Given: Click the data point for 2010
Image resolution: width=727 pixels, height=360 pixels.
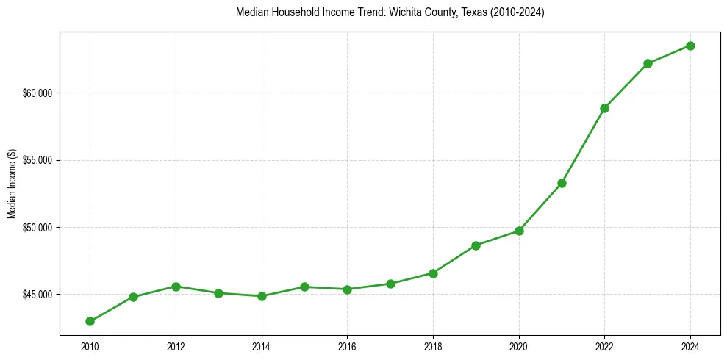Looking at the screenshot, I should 90,321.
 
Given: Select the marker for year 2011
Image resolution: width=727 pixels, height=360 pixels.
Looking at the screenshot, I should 133,297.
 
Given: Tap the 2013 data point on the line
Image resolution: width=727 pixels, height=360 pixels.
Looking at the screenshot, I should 218,293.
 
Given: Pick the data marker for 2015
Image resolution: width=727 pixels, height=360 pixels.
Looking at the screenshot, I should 304,287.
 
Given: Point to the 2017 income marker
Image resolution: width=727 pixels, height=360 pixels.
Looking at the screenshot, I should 390,284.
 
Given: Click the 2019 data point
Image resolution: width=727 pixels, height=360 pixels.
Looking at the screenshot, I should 476,245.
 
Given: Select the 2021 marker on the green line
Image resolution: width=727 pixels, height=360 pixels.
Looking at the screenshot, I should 562,183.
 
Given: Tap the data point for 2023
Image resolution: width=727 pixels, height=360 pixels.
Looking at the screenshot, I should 648,63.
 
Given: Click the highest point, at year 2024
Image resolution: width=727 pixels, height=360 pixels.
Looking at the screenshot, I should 691,46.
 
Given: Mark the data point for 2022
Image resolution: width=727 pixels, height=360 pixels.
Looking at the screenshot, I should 604,108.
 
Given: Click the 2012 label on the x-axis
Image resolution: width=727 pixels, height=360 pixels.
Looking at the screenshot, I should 176,345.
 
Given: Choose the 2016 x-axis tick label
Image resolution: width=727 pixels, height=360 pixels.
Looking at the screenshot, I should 347,345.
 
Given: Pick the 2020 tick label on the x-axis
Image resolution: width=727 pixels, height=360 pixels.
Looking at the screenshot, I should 519,345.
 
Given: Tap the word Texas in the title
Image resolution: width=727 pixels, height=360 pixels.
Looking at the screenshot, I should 461,12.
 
